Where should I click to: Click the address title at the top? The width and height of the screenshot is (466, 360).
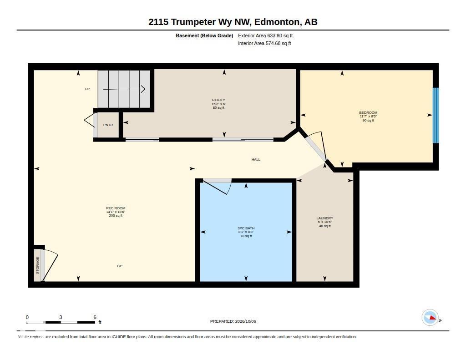click(x=233, y=22)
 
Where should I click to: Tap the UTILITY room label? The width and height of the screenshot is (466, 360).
click(x=218, y=100)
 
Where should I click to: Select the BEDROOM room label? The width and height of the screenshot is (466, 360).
click(x=368, y=113)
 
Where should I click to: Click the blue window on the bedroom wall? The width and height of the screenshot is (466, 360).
click(x=436, y=115)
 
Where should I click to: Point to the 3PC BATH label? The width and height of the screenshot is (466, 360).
click(x=246, y=228)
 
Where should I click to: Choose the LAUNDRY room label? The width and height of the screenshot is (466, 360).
click(x=324, y=218)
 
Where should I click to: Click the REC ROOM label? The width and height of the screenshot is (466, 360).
click(x=116, y=208)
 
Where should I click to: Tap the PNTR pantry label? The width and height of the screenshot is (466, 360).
click(x=108, y=125)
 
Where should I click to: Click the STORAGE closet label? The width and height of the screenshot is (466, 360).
click(x=38, y=265)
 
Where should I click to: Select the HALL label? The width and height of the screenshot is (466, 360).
click(x=256, y=159)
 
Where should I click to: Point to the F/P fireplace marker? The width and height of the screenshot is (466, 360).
click(x=120, y=266)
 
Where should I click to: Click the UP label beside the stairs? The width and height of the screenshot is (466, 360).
click(x=87, y=89)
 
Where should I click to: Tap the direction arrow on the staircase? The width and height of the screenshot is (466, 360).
click(x=124, y=89)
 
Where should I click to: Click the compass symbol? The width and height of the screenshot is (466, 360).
click(x=431, y=318)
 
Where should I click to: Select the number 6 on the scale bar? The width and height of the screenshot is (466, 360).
click(x=95, y=317)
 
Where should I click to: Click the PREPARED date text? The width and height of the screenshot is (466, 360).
click(x=233, y=321)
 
